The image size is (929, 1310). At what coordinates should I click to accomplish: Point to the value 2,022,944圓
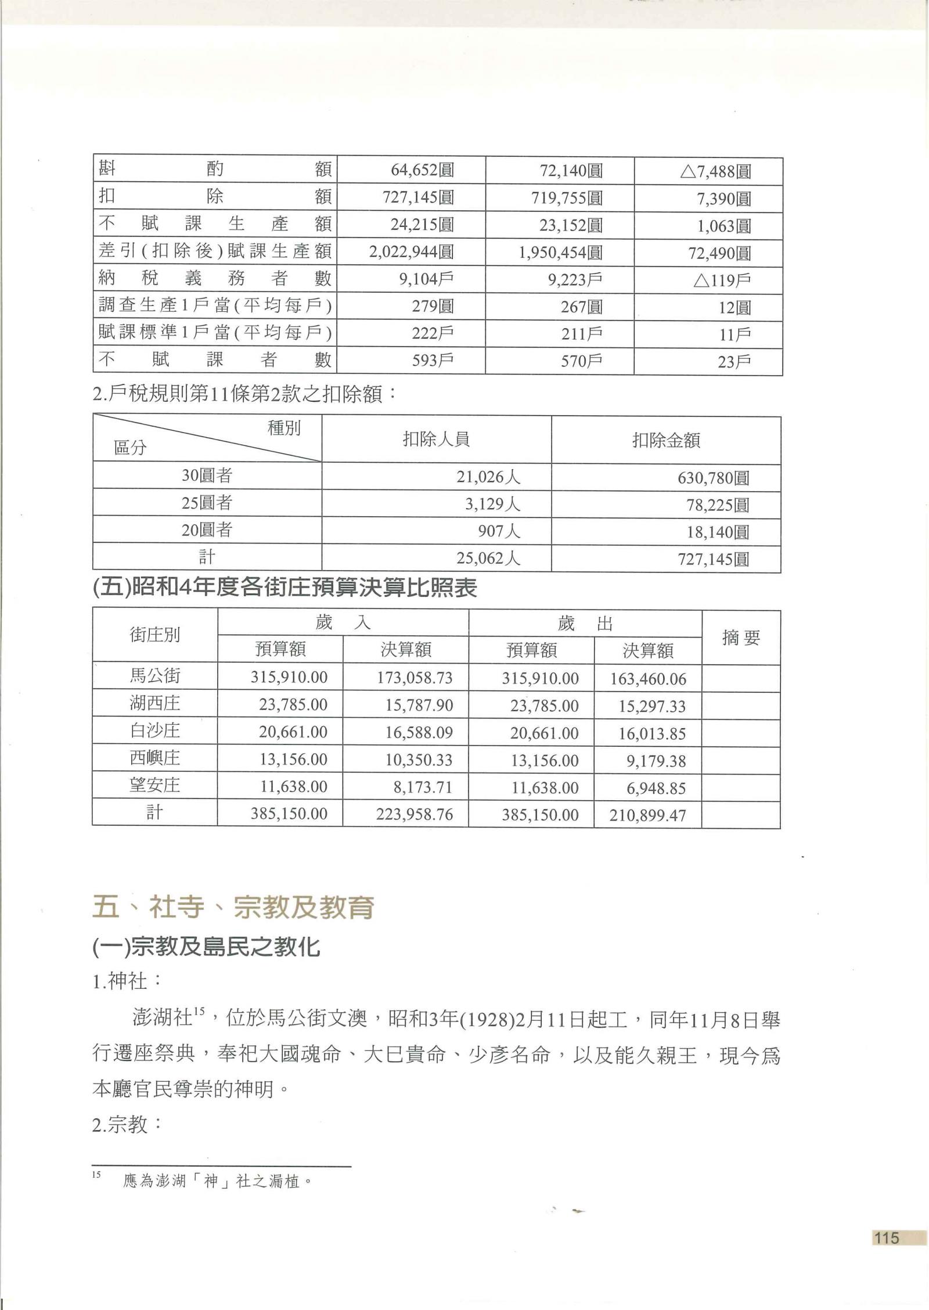412,252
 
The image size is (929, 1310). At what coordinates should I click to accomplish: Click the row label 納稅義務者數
215,279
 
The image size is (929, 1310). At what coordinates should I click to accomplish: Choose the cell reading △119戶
722,280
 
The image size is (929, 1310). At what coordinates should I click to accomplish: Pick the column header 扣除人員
436,439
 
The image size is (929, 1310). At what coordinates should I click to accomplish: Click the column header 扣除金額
666,440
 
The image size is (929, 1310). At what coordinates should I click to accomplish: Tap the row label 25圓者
207,503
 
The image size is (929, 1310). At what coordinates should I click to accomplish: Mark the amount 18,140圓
718,532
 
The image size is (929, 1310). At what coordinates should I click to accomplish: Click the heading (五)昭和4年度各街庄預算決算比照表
285,589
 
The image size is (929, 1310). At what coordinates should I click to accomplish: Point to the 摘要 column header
741,638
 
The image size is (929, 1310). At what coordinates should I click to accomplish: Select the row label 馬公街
155,676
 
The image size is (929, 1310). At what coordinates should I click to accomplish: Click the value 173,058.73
414,678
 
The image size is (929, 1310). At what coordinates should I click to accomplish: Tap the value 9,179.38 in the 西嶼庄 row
656,761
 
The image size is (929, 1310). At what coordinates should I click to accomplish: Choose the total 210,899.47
647,815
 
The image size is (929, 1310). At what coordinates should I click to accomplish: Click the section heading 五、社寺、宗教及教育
233,908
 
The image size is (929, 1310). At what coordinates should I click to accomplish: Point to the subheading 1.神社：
127,981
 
